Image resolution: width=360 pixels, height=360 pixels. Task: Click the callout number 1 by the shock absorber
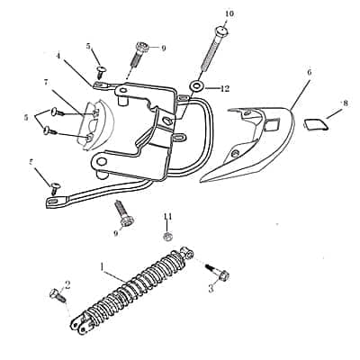(x=103, y=267)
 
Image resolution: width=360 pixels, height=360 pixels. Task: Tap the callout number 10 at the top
(x=229, y=13)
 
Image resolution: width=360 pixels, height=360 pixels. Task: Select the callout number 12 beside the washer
(x=225, y=88)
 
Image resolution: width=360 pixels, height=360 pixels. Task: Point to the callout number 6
(x=309, y=72)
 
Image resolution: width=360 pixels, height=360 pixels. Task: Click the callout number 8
(x=344, y=104)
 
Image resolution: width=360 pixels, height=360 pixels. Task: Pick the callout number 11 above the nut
(x=167, y=216)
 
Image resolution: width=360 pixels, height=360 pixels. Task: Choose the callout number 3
(x=211, y=288)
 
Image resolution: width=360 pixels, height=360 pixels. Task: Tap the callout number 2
(x=67, y=284)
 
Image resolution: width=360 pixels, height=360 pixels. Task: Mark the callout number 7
(x=46, y=82)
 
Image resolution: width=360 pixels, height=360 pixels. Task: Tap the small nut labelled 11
(x=167, y=236)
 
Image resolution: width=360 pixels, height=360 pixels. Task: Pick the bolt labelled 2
(x=57, y=293)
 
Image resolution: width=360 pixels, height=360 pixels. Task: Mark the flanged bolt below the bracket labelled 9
(x=122, y=214)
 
